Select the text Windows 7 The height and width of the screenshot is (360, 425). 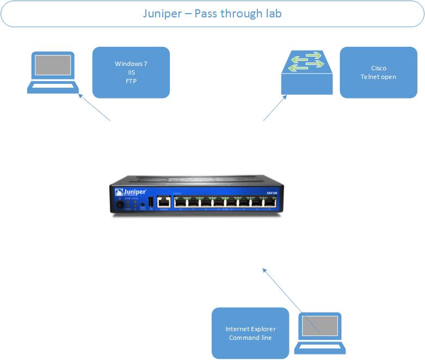131,64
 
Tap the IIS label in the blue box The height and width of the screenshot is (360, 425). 131,72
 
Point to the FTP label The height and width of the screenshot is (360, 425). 131,81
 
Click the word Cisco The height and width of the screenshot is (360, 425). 378,68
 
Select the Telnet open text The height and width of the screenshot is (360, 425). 378,77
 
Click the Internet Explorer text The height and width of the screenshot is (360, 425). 250,329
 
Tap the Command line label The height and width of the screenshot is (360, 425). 250,338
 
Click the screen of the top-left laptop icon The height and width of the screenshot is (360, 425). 53,65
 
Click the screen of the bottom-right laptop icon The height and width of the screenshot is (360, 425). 320,326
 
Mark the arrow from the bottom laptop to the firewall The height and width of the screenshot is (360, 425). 291,300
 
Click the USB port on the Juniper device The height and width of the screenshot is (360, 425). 151,202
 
